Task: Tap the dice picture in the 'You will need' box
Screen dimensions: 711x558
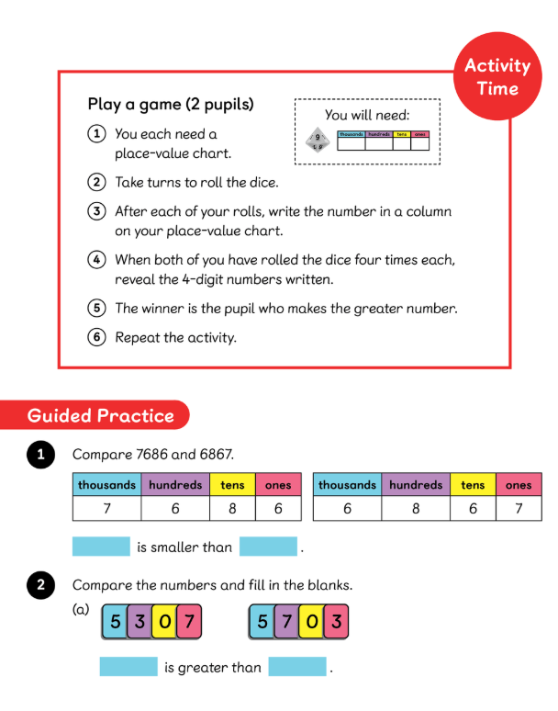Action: tap(318, 141)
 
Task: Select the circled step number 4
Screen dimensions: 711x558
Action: tap(96, 259)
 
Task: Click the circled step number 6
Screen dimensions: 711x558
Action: tap(96, 337)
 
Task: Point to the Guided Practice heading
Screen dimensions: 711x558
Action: tap(101, 415)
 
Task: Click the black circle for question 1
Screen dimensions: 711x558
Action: tap(40, 455)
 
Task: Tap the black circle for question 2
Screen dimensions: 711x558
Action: tap(40, 585)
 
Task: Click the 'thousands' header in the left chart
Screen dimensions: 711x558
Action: tap(106, 485)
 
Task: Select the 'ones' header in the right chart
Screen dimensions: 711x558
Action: tap(519, 485)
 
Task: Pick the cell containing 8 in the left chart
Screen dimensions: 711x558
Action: tap(232, 508)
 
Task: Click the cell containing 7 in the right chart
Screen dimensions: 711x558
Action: tap(519, 508)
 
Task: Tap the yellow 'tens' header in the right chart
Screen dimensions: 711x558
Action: tap(473, 485)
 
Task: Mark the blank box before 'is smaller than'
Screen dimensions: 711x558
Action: tap(101, 547)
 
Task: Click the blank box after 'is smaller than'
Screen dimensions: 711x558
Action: tap(268, 547)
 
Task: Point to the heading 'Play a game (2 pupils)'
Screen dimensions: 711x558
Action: tap(171, 104)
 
